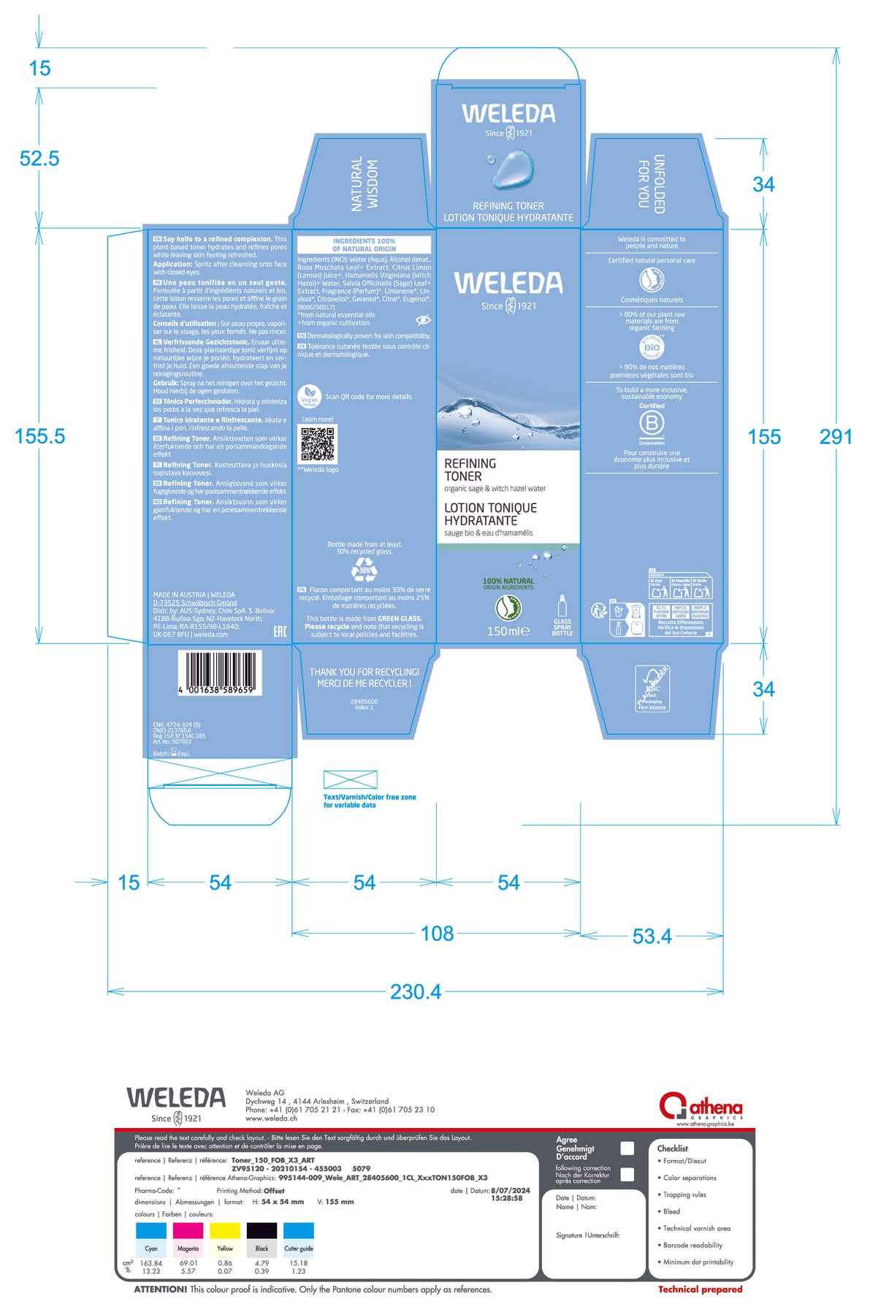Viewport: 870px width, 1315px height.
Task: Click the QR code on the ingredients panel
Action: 318,443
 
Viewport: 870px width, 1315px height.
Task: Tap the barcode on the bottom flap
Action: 219,670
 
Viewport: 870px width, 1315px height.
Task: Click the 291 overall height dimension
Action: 836,437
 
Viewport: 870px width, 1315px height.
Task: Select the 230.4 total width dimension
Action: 416,991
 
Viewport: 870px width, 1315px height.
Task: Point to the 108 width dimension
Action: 437,933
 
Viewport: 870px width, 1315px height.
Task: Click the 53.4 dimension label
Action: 652,936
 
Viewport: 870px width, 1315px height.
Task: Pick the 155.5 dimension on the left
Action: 40,436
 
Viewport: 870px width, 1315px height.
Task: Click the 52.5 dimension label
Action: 39,159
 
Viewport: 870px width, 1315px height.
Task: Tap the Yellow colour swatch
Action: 225,1230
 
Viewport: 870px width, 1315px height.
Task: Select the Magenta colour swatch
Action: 188,1230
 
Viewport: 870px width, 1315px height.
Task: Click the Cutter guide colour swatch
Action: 299,1230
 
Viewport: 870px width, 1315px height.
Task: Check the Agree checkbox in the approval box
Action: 627,1148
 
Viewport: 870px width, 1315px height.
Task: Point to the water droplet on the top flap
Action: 511,169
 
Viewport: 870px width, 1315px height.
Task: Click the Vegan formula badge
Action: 310,397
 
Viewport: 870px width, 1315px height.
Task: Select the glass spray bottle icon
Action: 562,606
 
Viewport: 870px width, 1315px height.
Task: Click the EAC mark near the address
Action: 280,630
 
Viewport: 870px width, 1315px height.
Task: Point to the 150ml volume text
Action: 508,631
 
